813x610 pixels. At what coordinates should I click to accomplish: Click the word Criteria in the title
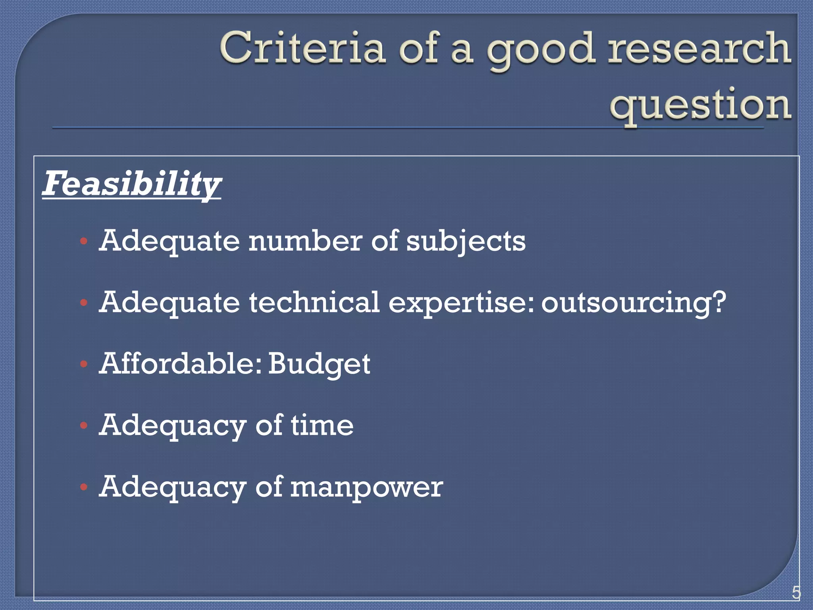click(x=302, y=48)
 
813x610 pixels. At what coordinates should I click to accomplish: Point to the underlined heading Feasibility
click(x=131, y=183)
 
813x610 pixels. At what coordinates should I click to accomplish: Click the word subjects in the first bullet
click(x=466, y=241)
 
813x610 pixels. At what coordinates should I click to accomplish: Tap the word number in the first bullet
click(x=305, y=241)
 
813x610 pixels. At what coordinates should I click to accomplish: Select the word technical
click(x=314, y=302)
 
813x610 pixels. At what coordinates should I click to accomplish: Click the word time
click(x=322, y=425)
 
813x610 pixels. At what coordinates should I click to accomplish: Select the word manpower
click(x=366, y=487)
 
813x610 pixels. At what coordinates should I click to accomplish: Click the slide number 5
click(x=796, y=593)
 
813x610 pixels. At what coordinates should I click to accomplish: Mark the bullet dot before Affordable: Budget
click(x=83, y=364)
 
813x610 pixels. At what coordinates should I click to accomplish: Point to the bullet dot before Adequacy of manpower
click(x=83, y=487)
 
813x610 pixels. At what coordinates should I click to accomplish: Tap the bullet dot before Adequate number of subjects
click(x=83, y=241)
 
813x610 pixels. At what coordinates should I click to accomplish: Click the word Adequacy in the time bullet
click(x=172, y=426)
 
